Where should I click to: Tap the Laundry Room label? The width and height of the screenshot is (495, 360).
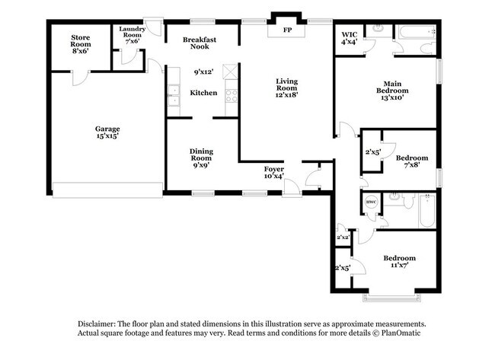point(132,34)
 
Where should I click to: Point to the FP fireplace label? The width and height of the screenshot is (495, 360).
point(287,30)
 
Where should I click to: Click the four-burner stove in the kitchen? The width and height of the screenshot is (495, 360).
point(231,95)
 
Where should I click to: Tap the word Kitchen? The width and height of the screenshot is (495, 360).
point(203,93)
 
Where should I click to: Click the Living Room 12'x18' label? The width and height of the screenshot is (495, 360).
point(287,88)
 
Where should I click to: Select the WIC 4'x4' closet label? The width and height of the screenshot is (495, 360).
point(350,38)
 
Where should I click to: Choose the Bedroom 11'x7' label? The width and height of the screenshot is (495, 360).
point(399,262)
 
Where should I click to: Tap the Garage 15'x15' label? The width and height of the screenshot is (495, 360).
point(107,132)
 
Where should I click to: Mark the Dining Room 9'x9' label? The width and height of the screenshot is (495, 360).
point(201,156)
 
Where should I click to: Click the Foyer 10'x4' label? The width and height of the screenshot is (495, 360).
point(273,172)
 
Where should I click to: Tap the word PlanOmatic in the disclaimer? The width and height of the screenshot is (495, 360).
point(398,333)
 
